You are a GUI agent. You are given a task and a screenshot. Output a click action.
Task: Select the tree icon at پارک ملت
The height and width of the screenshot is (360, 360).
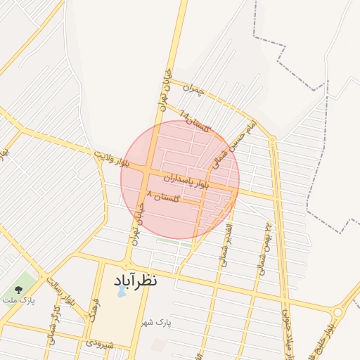point(18,288)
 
